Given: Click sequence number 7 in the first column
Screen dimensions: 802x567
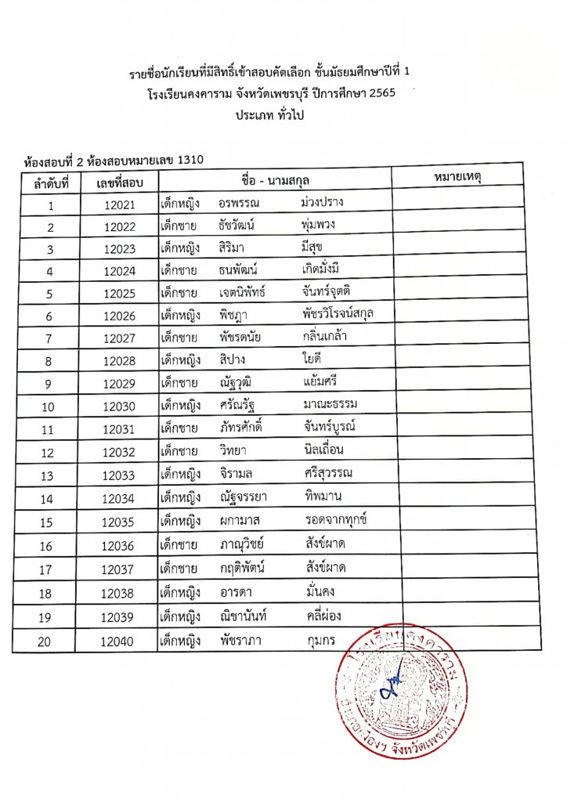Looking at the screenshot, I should click(x=50, y=340).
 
